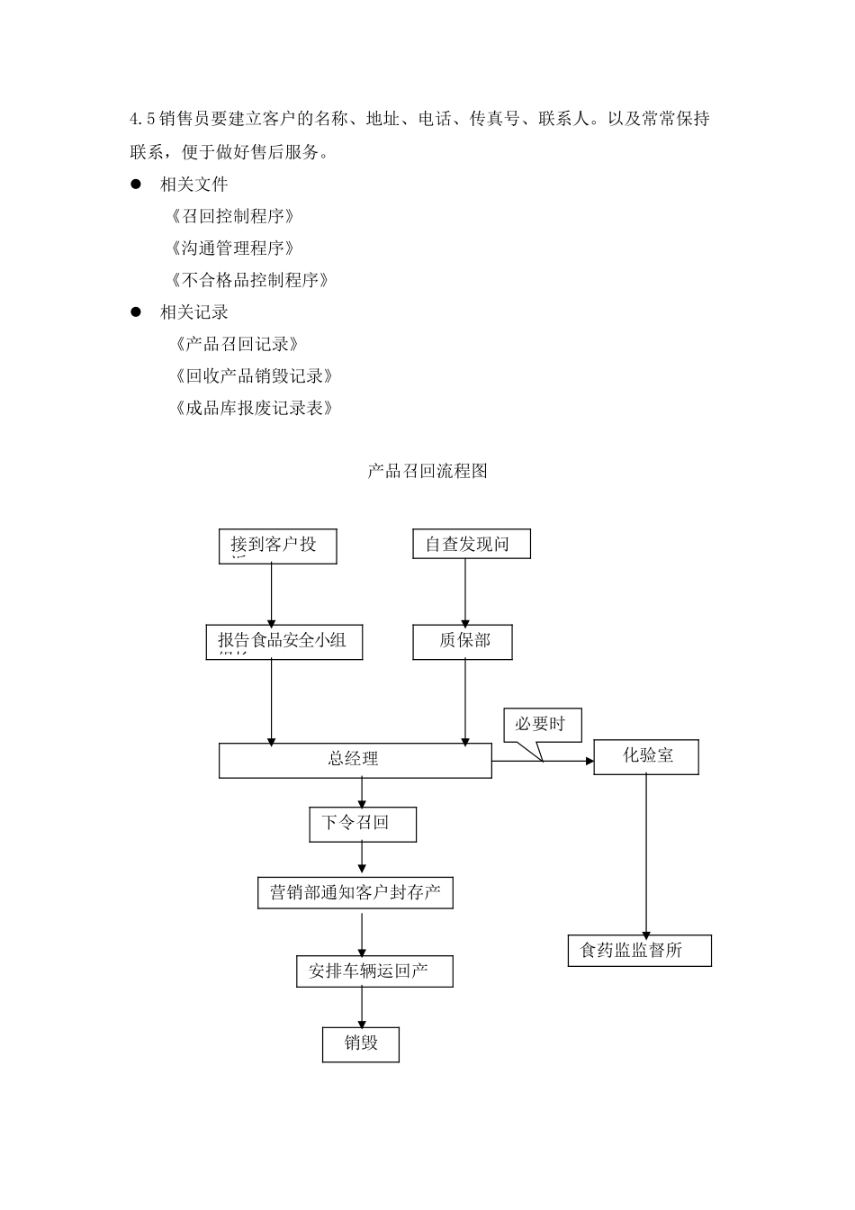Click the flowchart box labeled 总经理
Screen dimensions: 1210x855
(355, 761)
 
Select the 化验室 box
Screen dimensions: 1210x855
(646, 757)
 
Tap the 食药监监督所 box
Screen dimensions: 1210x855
(639, 951)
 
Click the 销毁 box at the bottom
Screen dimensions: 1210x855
(361, 1044)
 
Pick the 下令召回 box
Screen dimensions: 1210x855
(363, 824)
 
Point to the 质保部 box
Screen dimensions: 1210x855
(463, 642)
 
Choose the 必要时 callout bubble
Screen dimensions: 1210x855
(542, 725)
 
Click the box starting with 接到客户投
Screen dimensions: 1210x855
(277, 546)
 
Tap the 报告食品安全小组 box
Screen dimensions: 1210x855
(283, 642)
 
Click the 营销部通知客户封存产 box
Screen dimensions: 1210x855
(355, 893)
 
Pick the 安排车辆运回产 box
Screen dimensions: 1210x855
(374, 971)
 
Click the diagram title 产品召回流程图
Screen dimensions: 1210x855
(427, 471)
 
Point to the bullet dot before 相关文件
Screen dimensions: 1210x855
(138, 185)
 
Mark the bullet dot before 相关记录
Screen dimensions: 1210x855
(138, 312)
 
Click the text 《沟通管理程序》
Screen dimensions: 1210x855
(232, 248)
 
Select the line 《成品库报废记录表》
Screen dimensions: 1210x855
(254, 409)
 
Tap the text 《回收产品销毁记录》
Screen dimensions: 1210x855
(254, 376)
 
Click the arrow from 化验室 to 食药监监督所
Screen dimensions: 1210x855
(645, 855)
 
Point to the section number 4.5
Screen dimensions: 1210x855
(142, 120)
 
